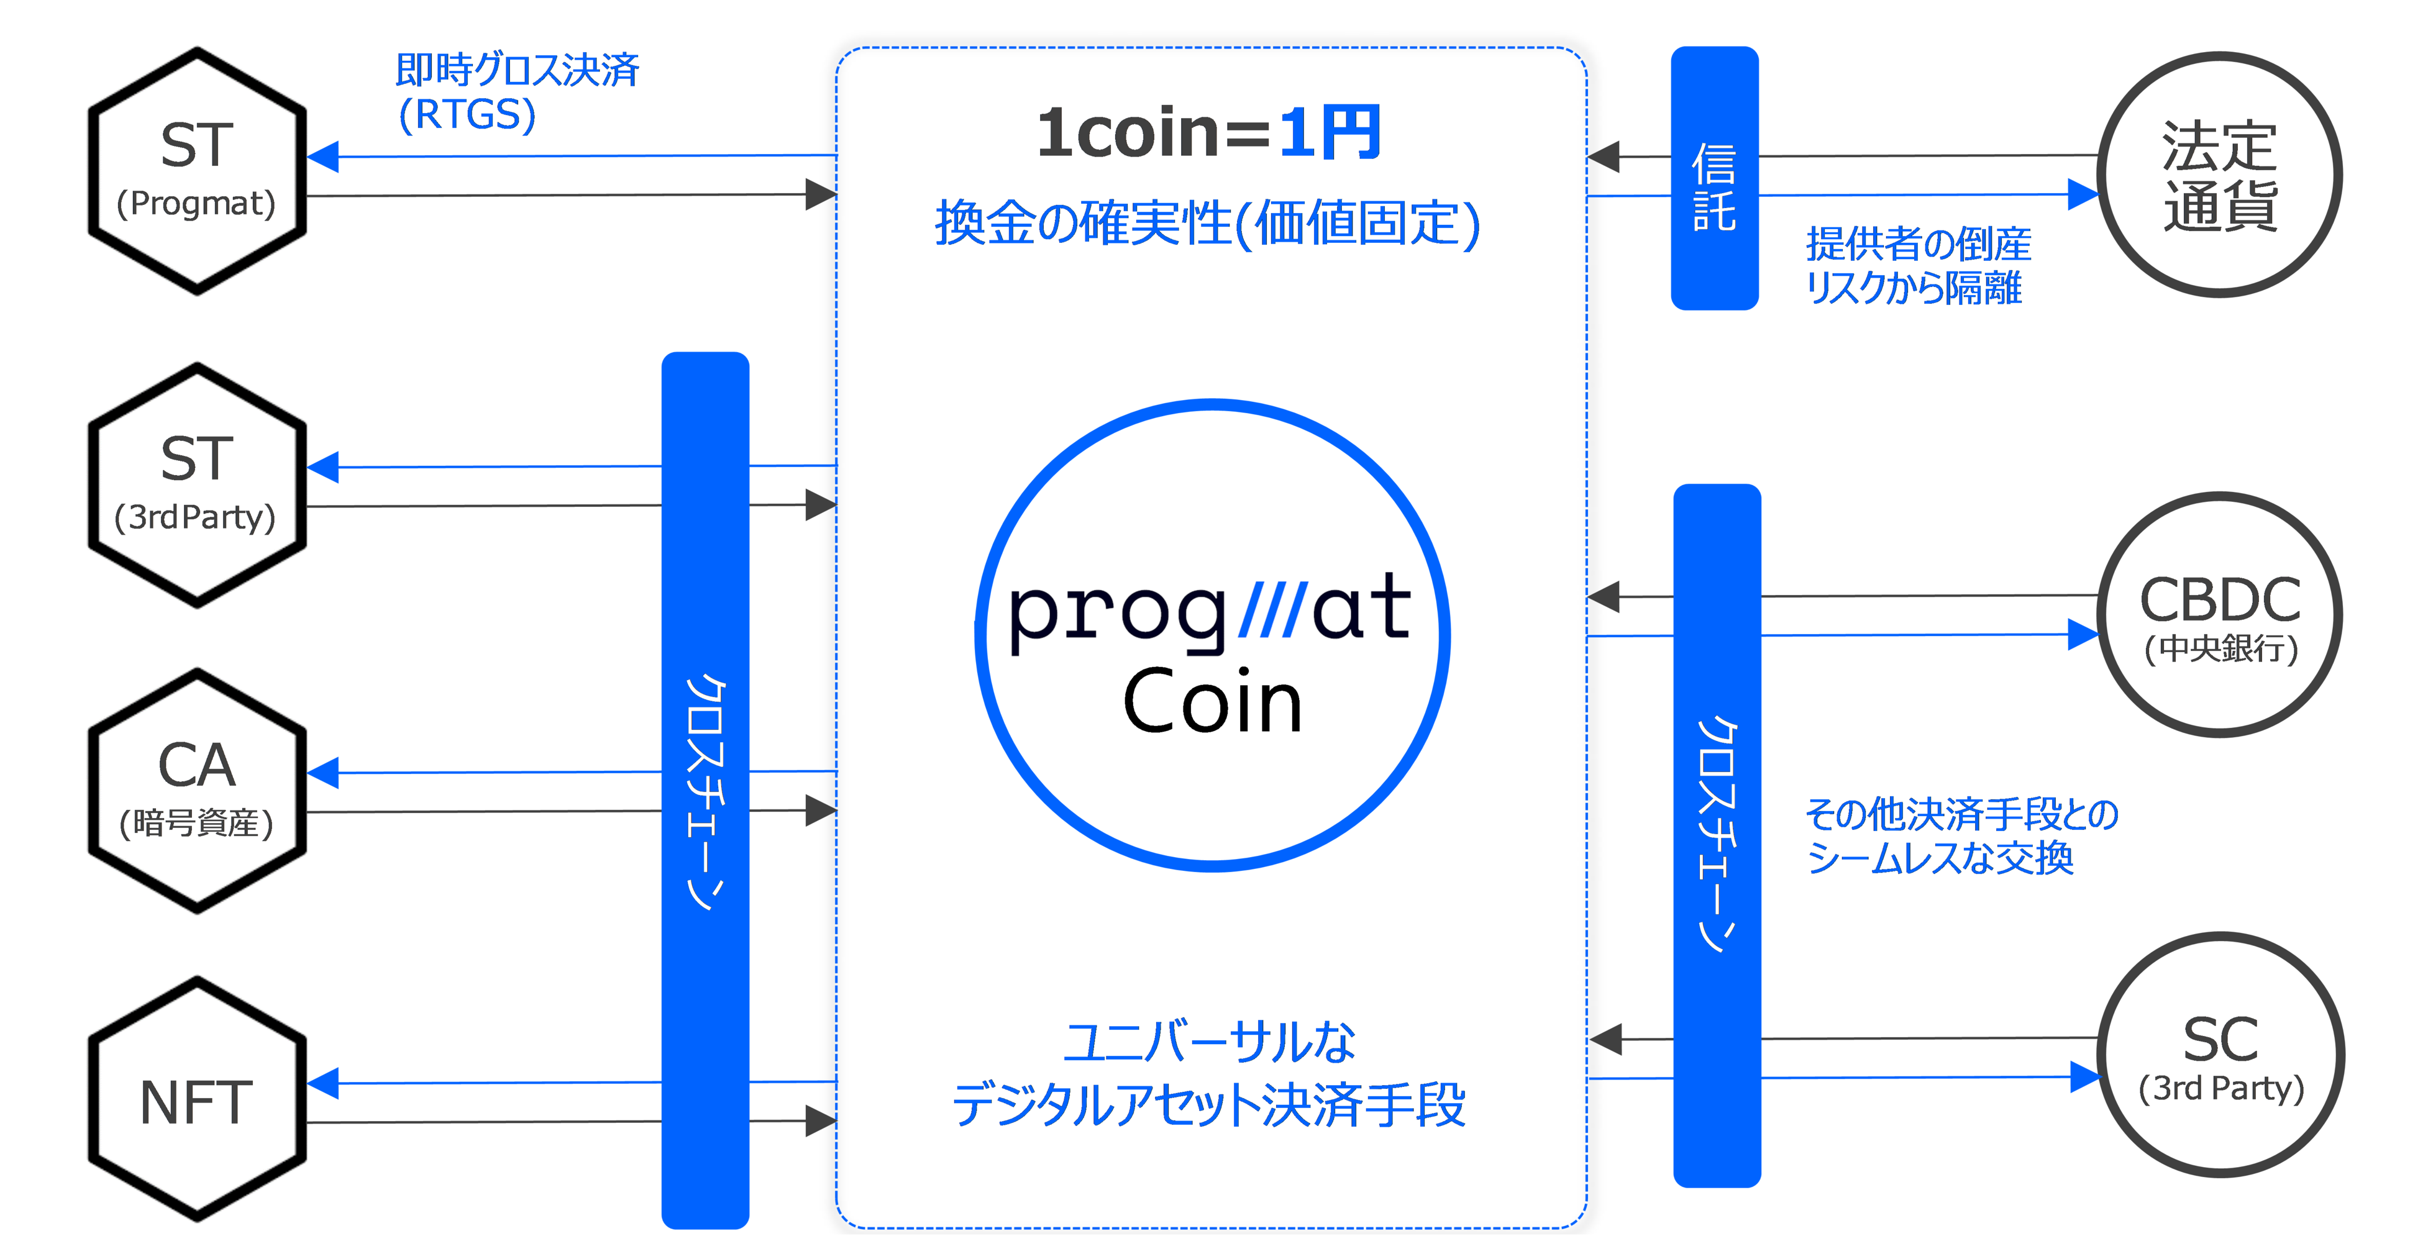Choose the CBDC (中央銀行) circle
coord(2220,615)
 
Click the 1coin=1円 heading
coord(1208,133)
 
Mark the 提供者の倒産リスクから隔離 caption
coord(1917,266)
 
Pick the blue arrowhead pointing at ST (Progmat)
coord(322,156)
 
